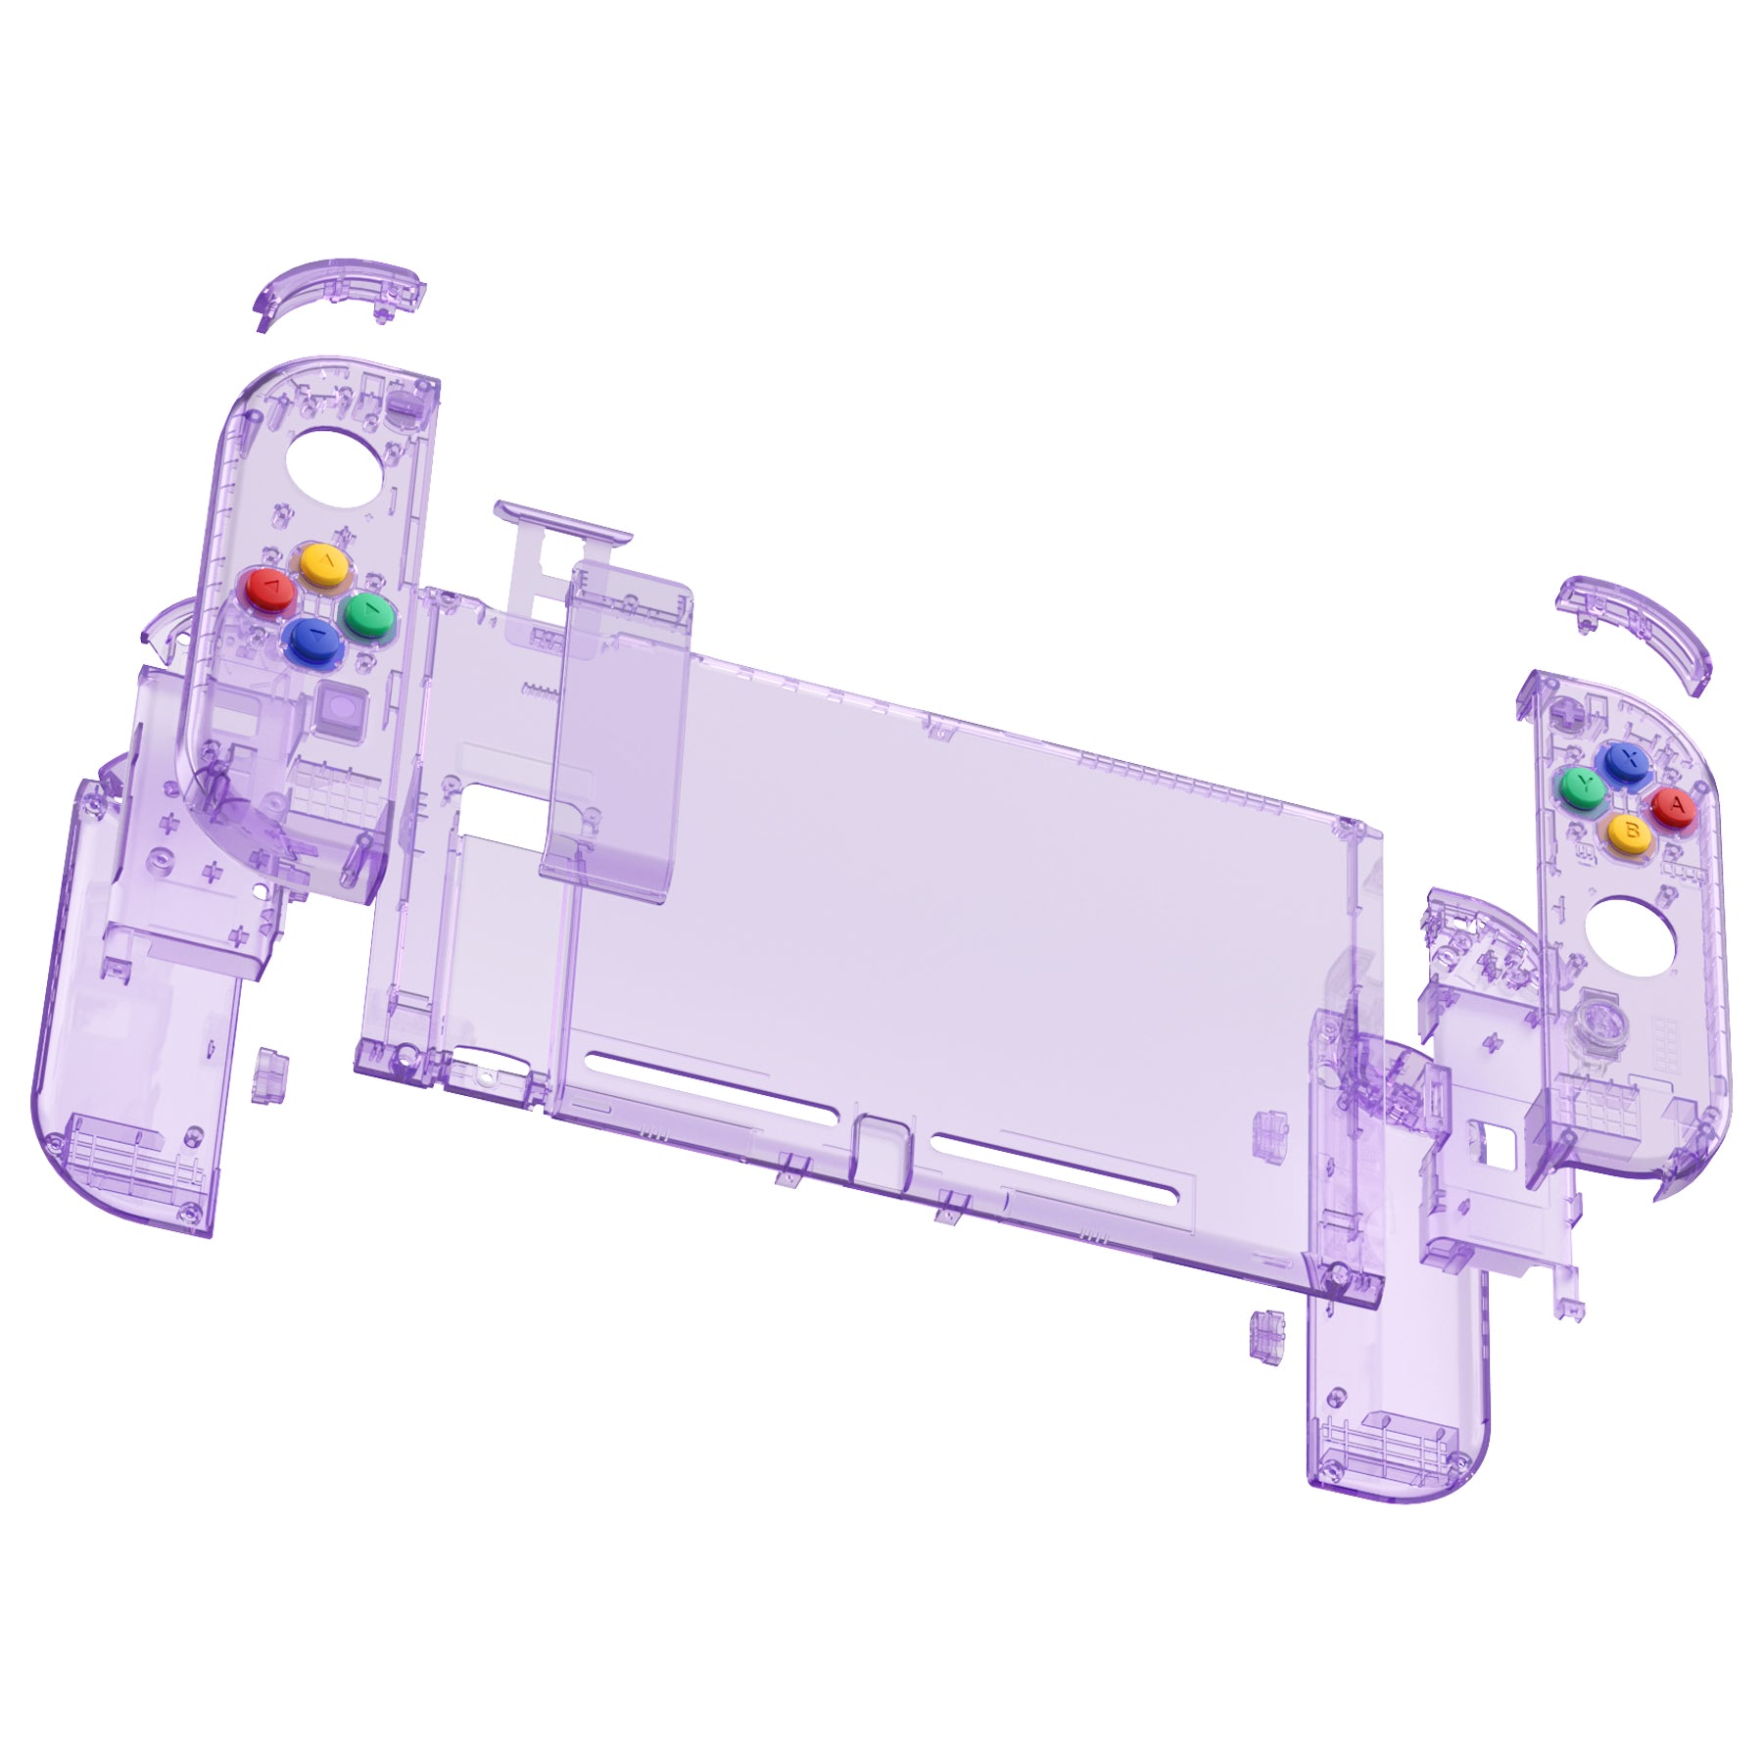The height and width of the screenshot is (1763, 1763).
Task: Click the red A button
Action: (x=1674, y=807)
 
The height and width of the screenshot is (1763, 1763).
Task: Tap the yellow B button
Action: (x=1630, y=832)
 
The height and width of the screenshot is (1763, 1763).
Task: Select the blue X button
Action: (x=1624, y=761)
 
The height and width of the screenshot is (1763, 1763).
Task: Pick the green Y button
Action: (x=1582, y=786)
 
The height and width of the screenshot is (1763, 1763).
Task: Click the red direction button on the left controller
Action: (x=268, y=591)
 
